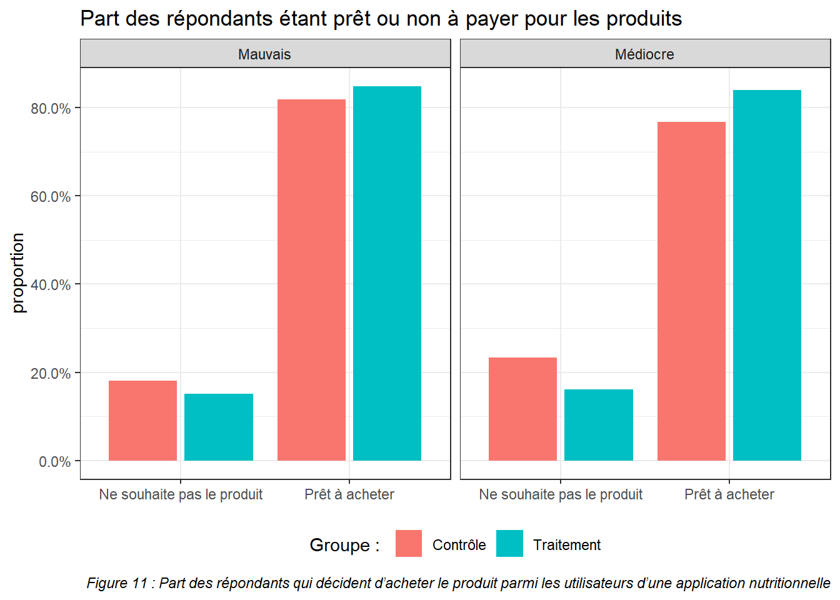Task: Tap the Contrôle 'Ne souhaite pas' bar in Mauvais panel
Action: coord(142,421)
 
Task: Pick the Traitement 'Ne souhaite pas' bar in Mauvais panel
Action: coord(219,427)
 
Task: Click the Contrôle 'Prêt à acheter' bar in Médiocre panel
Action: coord(691,291)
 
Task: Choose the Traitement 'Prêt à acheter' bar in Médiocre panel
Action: coord(767,275)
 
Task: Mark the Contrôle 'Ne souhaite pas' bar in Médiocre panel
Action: coord(522,409)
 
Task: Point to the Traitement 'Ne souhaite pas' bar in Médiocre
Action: coord(598,425)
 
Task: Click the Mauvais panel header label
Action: coord(264,54)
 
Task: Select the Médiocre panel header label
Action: coord(644,54)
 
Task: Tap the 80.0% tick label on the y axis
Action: coord(51,109)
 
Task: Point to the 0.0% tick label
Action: coord(54,462)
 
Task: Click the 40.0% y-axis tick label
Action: coord(51,285)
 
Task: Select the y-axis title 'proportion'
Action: coord(18,273)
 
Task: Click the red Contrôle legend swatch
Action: coord(409,544)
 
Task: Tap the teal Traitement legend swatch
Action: coord(509,544)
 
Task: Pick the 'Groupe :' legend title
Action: coord(344,545)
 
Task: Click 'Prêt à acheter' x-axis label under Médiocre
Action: coord(729,494)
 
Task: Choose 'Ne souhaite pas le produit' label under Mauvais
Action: coord(181,494)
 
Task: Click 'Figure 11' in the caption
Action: coord(117,583)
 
